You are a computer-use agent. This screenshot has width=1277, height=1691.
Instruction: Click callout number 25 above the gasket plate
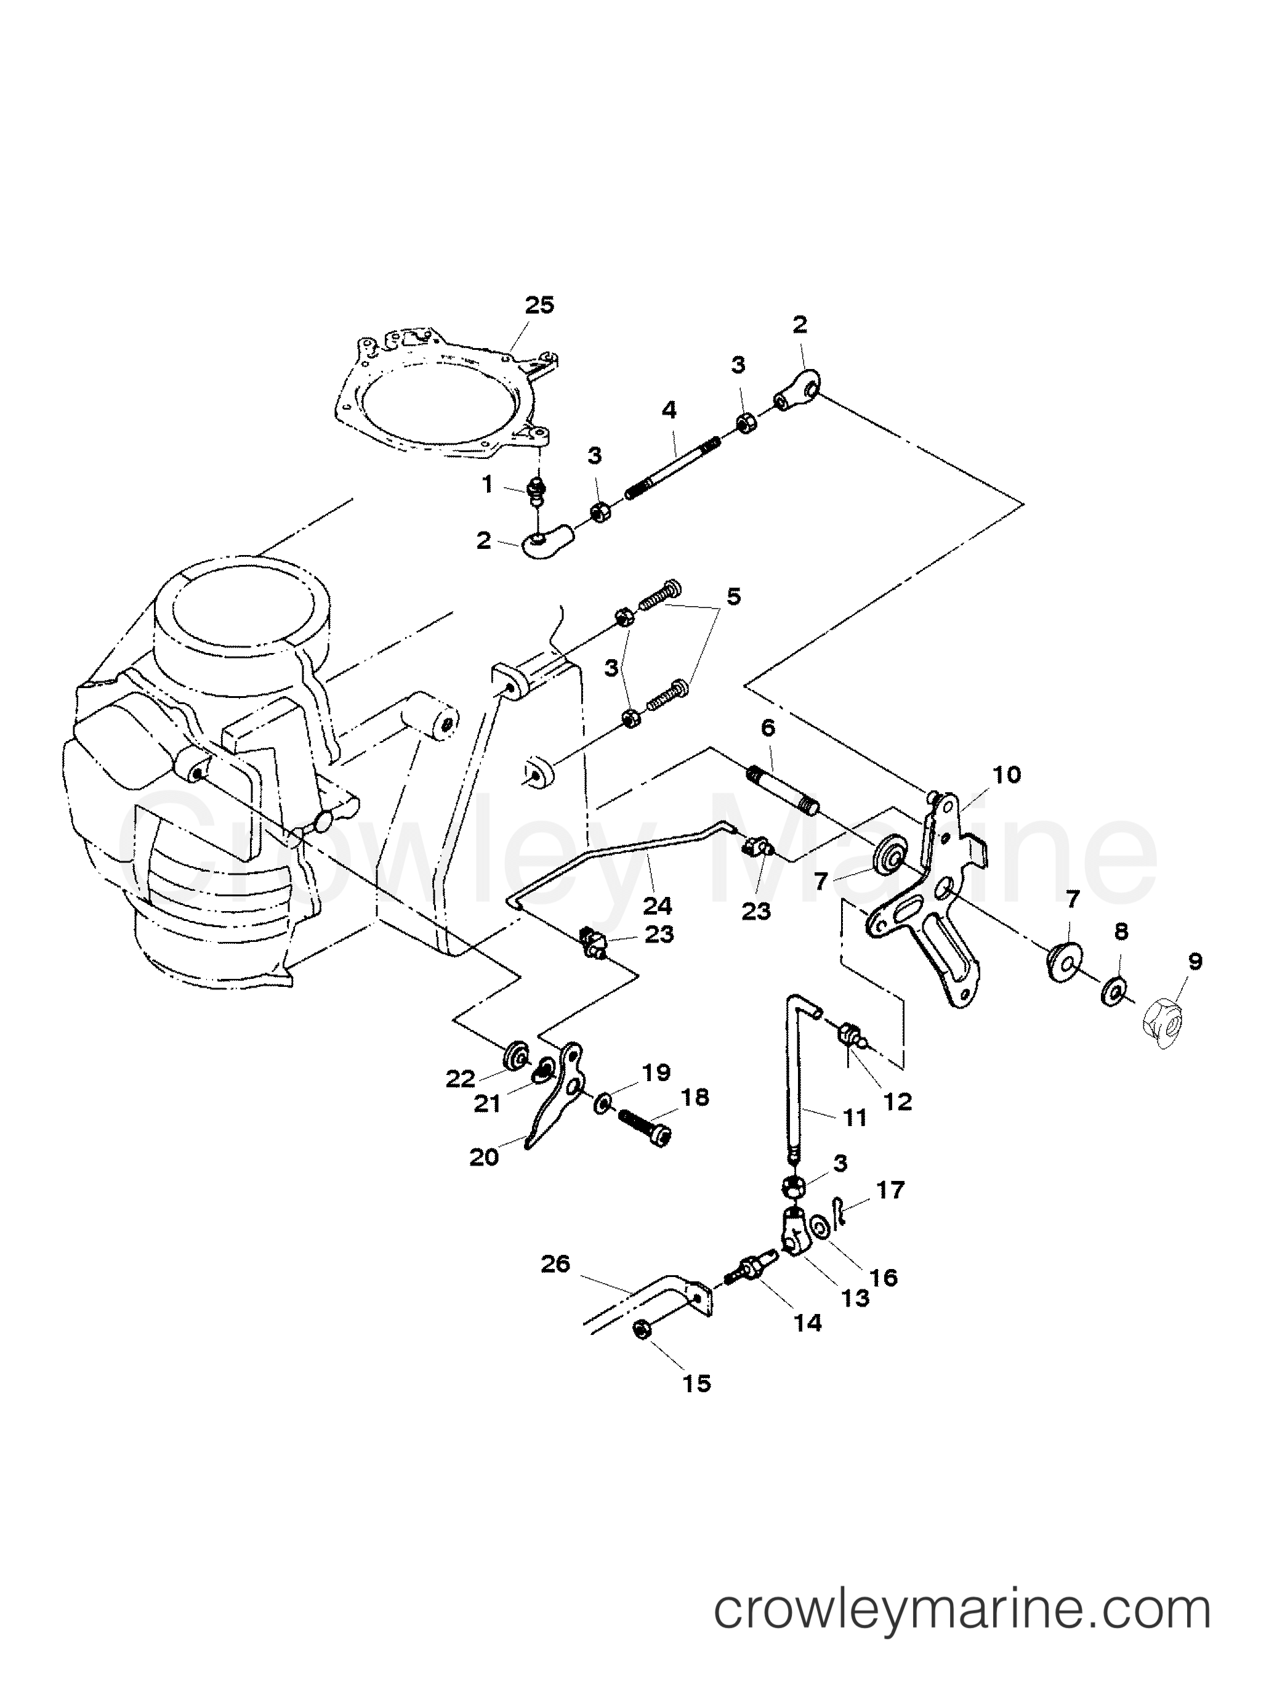(539, 305)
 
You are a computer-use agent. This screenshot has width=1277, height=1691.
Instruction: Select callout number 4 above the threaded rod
(669, 410)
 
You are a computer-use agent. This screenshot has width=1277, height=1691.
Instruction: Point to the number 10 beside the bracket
(1007, 774)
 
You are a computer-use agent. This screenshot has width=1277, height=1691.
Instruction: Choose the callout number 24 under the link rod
(657, 907)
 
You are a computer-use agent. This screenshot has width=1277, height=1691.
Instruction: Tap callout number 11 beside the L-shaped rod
(856, 1119)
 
